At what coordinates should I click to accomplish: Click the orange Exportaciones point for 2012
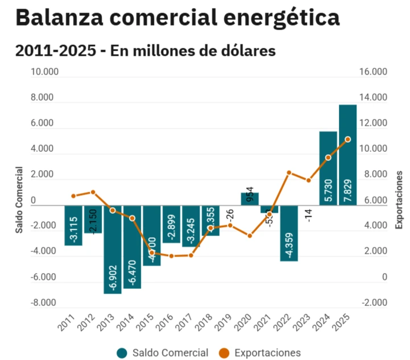click(93, 192)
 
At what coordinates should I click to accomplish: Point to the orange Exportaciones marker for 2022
click(289, 172)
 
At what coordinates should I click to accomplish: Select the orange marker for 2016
click(171, 256)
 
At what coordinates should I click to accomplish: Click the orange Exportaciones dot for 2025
click(347, 139)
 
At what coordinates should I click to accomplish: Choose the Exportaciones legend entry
click(266, 353)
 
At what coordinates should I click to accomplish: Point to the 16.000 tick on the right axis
click(374, 72)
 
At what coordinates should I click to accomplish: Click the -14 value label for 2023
click(308, 216)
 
